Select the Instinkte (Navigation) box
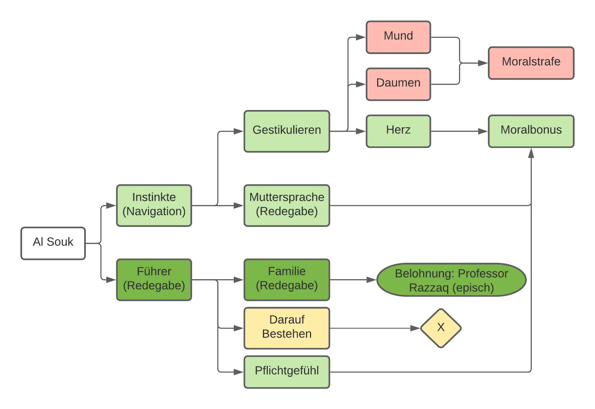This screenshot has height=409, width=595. (154, 206)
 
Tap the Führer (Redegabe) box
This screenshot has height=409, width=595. (154, 280)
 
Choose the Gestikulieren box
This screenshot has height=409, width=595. (287, 131)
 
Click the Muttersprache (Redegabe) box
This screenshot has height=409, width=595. (287, 206)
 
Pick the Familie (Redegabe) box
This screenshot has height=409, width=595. (287, 280)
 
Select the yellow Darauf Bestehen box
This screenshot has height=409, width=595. (287, 328)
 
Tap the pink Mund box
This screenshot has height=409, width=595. (398, 37)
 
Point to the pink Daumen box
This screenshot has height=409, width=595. (398, 84)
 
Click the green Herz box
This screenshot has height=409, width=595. (398, 131)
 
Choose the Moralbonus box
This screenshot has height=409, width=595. (531, 131)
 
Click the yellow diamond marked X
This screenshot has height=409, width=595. (441, 328)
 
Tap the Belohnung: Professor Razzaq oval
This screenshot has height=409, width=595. (451, 280)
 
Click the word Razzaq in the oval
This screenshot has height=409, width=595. (429, 288)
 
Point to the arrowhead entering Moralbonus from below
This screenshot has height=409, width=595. (531, 153)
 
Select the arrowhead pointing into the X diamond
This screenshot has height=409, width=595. (415, 328)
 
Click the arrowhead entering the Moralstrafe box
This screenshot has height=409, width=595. (483, 63)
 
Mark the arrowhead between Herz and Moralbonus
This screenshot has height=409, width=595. (483, 131)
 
